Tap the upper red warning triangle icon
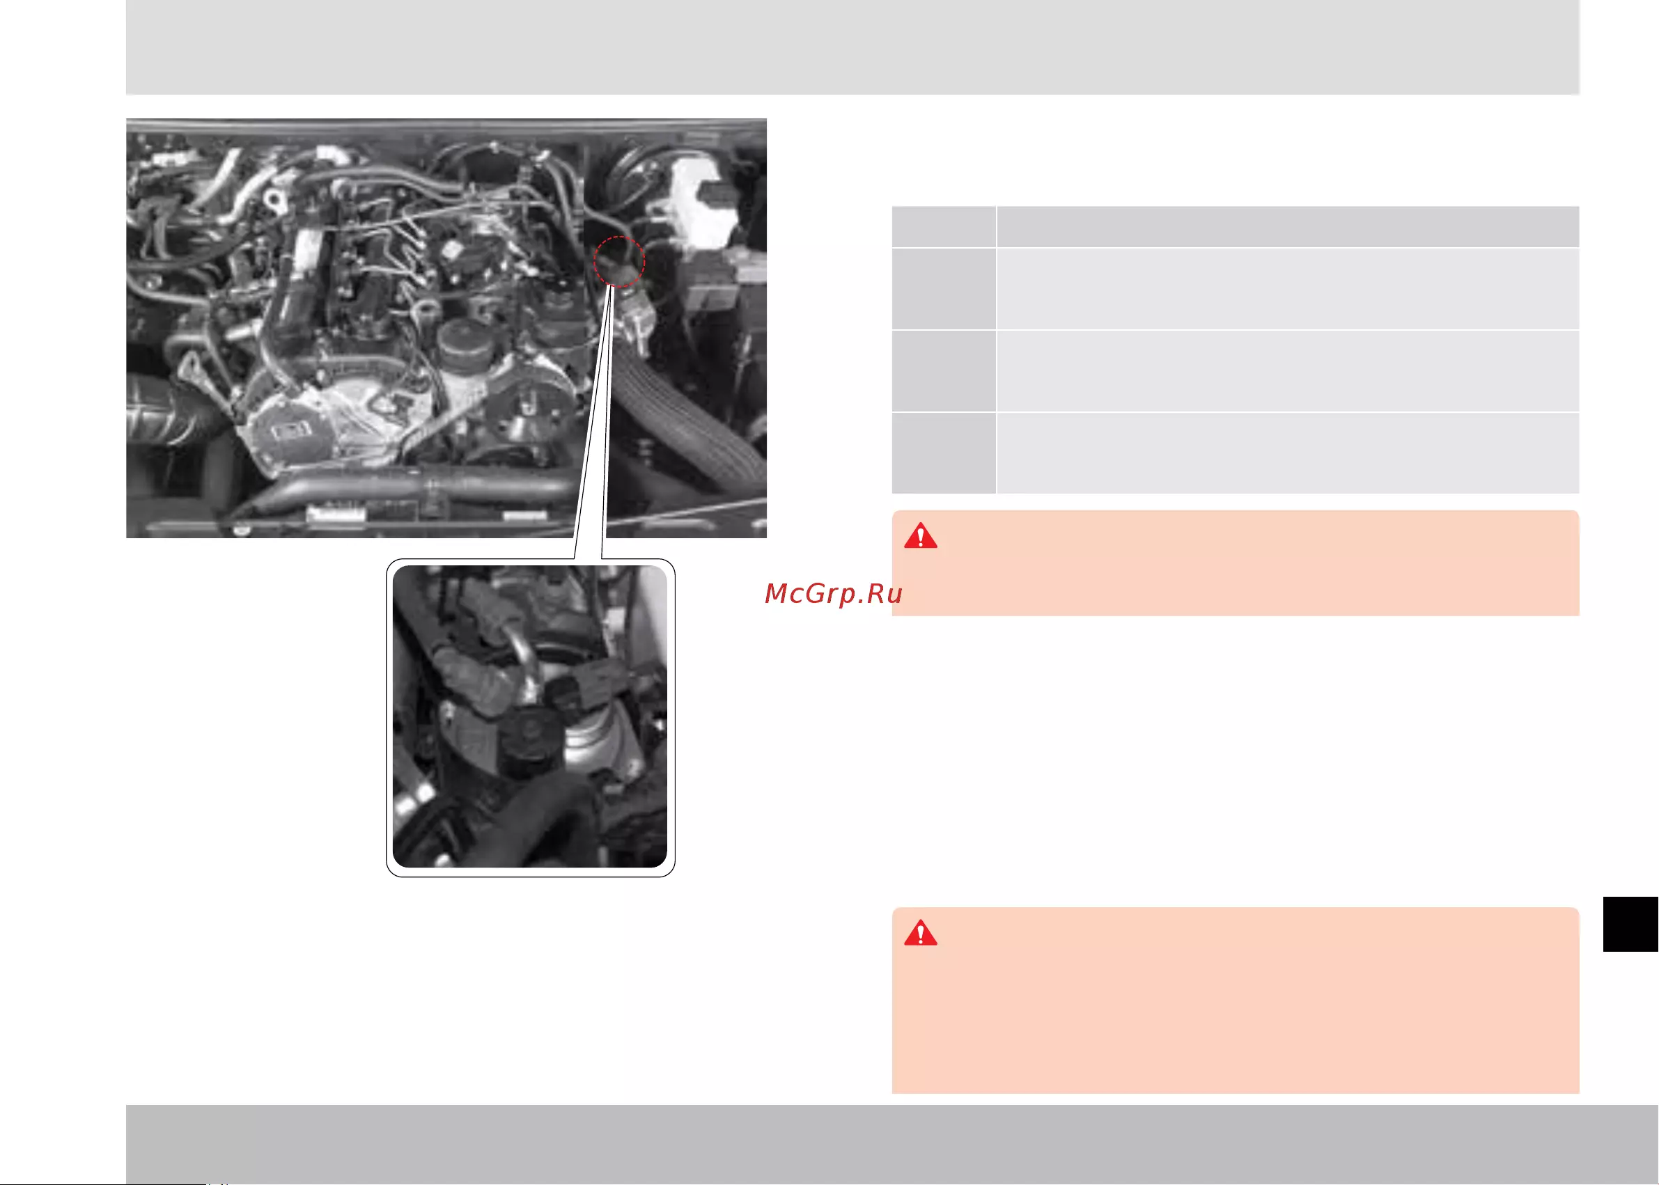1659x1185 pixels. pyautogui.click(x=920, y=535)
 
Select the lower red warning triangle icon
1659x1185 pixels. pyautogui.click(x=920, y=933)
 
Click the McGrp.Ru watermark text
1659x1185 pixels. pyautogui.click(x=834, y=594)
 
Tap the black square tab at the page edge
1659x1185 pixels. pyautogui.click(x=1630, y=925)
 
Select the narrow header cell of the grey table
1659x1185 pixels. pyautogui.click(x=944, y=227)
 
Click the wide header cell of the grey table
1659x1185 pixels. pyautogui.click(x=1288, y=227)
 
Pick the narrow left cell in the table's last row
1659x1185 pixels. pyautogui.click(x=944, y=453)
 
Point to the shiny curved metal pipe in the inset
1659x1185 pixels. pyautogui.click(x=529, y=657)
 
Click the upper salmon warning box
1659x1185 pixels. pyautogui.click(x=1235, y=563)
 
